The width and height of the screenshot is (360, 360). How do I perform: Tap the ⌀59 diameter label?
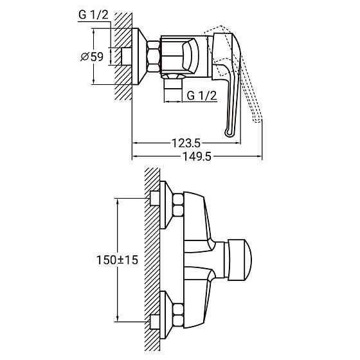pos(93,57)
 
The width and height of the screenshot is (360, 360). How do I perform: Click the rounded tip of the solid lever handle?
pos(230,132)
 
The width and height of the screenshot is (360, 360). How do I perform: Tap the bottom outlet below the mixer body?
pos(172,83)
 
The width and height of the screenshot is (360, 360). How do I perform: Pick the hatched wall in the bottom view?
pos(152,257)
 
